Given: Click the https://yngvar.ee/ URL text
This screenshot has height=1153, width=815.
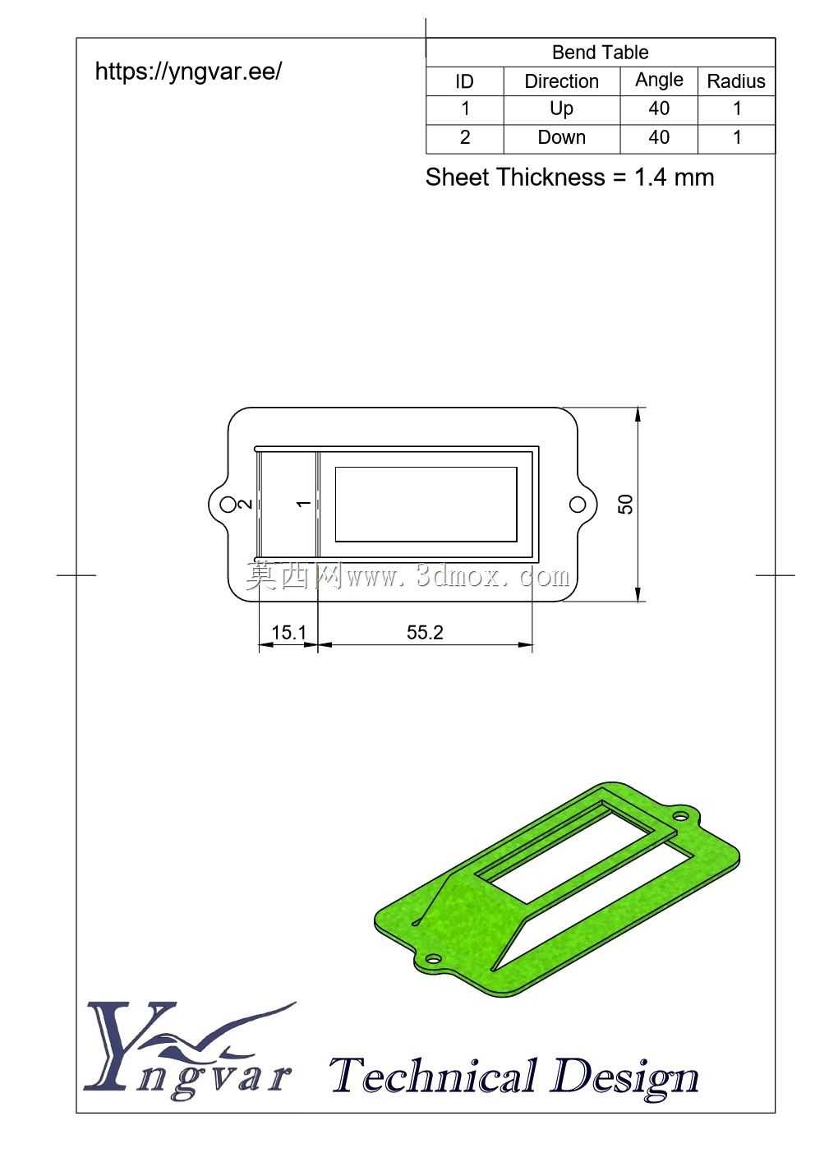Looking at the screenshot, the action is (x=188, y=71).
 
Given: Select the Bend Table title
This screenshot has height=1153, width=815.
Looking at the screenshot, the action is (x=600, y=52).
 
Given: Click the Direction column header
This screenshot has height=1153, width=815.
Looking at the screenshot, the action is (x=561, y=81).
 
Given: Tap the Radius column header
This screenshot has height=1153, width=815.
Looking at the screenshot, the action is (x=736, y=81).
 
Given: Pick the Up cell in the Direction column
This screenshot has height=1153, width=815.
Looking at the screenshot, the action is (x=561, y=109).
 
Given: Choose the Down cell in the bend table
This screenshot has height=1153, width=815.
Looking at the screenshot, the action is (x=561, y=137).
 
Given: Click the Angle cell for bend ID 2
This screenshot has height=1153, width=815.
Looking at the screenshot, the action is (x=659, y=137).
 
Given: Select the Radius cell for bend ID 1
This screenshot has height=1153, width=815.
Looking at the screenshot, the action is (x=737, y=108).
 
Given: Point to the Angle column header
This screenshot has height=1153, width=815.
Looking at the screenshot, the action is (x=659, y=81).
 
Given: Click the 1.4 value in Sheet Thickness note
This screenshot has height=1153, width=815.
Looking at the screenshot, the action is (x=650, y=177).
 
